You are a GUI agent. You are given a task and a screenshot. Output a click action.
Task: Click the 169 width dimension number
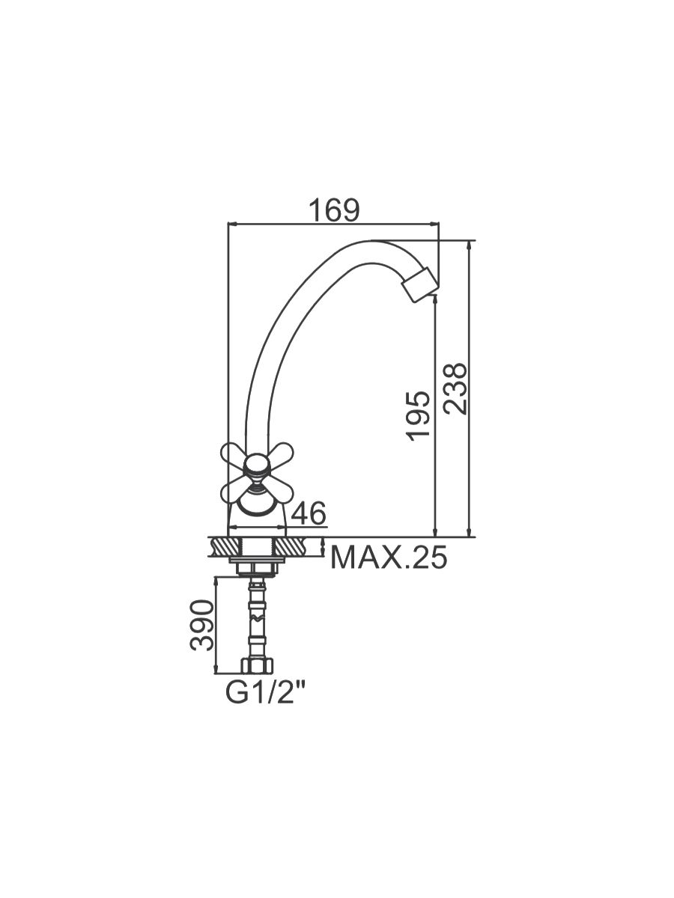(x=334, y=210)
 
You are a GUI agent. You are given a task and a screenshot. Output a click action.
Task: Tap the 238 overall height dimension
(x=455, y=388)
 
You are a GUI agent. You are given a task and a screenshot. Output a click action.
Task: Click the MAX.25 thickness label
(x=389, y=558)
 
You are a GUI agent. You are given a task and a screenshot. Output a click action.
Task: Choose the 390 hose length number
(x=201, y=625)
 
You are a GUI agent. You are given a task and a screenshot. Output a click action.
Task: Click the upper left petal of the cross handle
(x=234, y=454)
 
